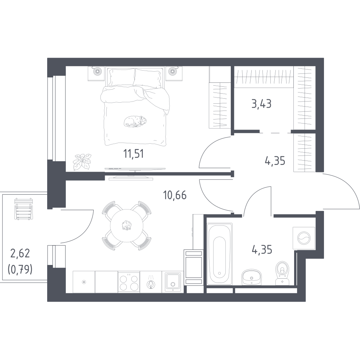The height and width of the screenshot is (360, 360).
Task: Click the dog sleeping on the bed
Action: click(135, 121)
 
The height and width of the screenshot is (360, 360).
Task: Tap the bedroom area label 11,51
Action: click(134, 154)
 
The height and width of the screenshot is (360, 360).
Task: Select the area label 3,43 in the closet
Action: click(261, 104)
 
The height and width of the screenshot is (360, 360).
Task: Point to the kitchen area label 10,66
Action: click(175, 195)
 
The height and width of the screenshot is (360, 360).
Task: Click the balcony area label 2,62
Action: click(20, 253)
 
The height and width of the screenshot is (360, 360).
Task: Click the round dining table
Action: click(126, 226)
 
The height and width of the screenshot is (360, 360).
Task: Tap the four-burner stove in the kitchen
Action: click(129, 282)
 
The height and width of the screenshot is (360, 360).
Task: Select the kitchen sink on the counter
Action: click(173, 282)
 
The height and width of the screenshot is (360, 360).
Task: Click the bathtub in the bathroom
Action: click(220, 254)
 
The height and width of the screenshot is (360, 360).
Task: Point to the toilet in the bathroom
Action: click(282, 273)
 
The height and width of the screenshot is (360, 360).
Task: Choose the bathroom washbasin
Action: click(251, 277)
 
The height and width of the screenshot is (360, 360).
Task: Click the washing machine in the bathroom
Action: click(304, 238)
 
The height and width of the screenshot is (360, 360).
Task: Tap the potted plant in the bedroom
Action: click(82, 162)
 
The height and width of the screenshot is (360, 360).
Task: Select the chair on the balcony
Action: click(23, 209)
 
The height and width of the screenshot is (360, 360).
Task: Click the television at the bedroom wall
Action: click(135, 169)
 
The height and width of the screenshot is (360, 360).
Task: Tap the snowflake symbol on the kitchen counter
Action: click(84, 282)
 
